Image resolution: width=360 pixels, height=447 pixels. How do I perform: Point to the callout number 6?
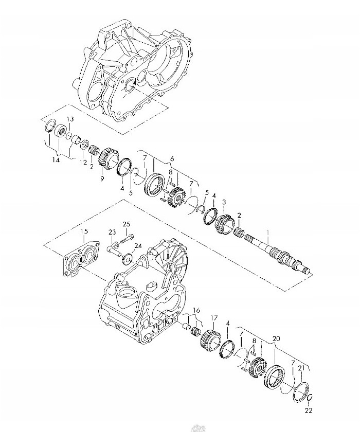[x=172, y=158]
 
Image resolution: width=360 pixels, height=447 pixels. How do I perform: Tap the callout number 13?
[x=70, y=119]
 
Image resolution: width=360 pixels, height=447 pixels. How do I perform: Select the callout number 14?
[x=55, y=160]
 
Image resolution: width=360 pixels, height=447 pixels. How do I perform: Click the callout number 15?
[x=84, y=232]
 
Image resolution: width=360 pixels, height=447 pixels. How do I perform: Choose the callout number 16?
[x=196, y=311]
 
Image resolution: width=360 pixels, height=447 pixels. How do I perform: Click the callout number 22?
[x=309, y=410]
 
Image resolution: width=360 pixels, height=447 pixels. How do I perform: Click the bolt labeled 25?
[x=128, y=237]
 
